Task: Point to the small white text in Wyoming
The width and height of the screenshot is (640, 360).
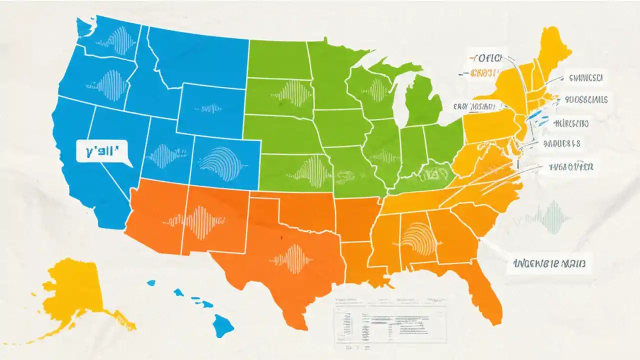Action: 209,107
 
